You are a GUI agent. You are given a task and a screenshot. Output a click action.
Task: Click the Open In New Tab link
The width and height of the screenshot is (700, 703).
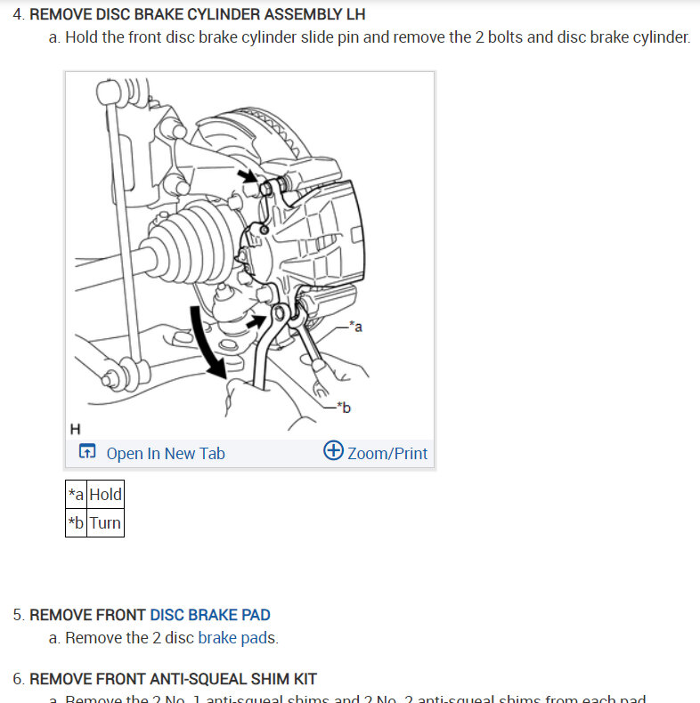(165, 453)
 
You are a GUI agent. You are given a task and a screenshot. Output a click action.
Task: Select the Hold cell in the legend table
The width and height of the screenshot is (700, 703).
(105, 494)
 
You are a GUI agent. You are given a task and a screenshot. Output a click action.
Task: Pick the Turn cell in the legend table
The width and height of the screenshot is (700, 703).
(105, 522)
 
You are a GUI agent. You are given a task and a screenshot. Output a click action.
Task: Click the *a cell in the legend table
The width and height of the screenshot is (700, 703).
(77, 494)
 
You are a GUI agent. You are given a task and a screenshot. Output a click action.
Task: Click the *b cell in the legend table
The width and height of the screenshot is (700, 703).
(77, 522)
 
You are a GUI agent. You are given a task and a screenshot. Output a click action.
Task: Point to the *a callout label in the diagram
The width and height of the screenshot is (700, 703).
(355, 327)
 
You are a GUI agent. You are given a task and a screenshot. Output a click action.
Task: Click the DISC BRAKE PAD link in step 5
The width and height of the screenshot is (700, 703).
(210, 614)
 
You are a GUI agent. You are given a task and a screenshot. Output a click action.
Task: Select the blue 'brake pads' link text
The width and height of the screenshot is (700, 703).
(237, 637)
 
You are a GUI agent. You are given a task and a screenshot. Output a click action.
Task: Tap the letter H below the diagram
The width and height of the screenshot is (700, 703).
(75, 429)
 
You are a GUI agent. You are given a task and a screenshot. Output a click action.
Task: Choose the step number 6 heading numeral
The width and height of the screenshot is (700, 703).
(18, 679)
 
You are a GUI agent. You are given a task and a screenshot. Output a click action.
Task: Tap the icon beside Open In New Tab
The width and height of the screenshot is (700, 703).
(86, 453)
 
